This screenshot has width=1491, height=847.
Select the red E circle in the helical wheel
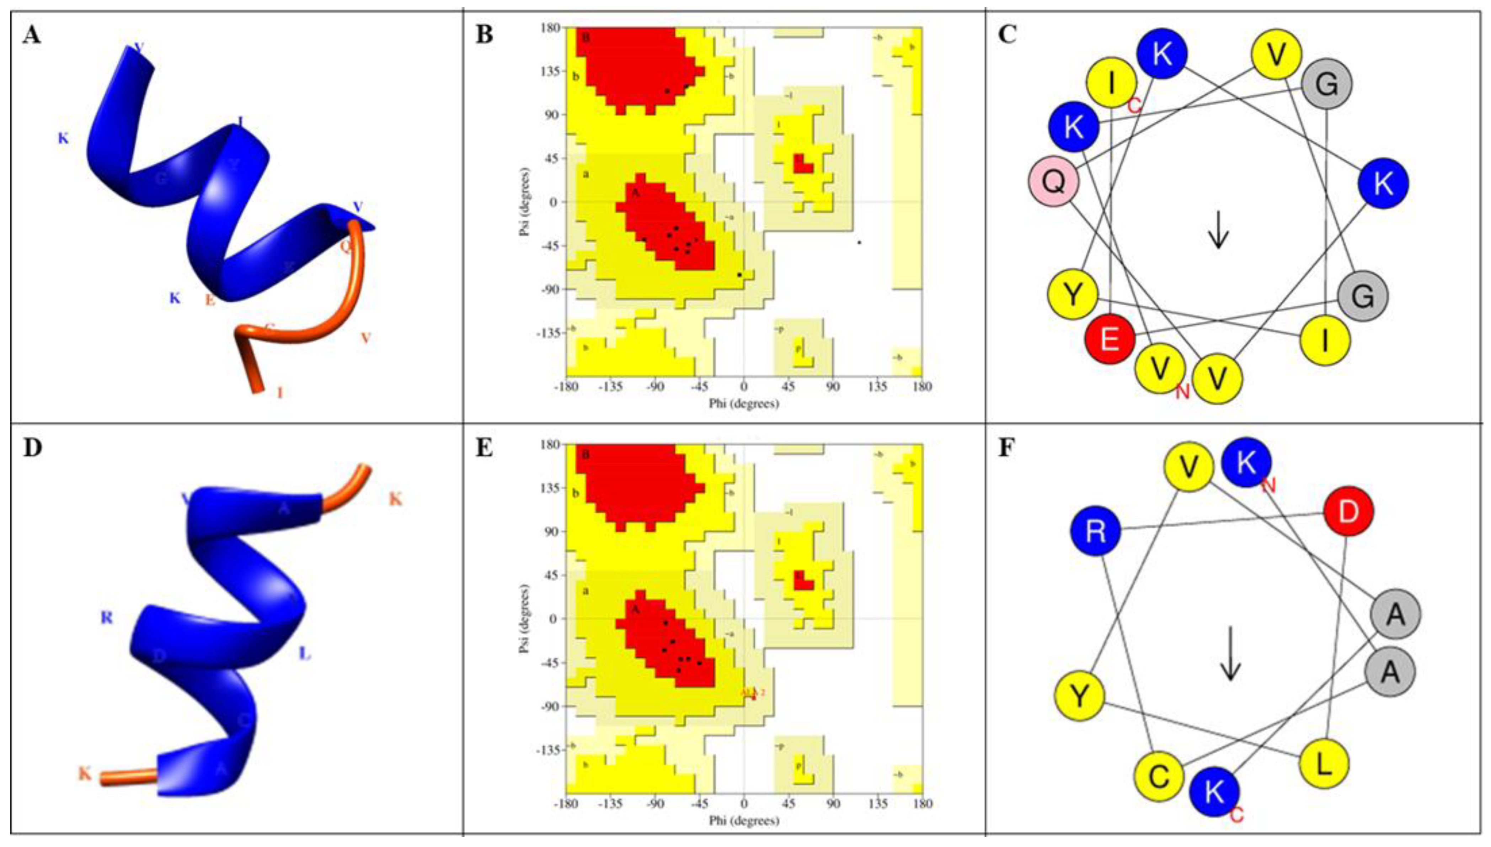pos(1110,339)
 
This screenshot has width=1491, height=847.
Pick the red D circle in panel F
pos(1348,511)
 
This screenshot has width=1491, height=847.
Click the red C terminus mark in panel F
pos(1237,814)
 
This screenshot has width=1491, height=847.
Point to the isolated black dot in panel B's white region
pos(859,242)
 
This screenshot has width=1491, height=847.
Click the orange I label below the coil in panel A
pos(280,393)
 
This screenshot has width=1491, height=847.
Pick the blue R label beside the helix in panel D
pos(106,618)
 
